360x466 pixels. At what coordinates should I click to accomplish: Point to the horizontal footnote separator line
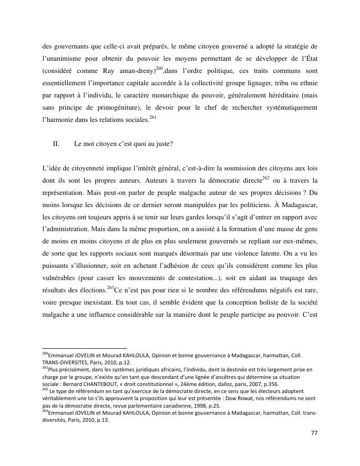85,349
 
